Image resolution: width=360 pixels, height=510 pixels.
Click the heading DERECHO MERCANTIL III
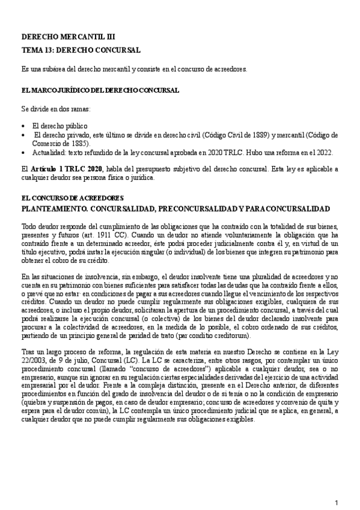[58, 37]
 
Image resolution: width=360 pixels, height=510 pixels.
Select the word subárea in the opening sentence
[53, 70]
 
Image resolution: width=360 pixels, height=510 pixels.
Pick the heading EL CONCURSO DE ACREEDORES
[72, 198]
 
